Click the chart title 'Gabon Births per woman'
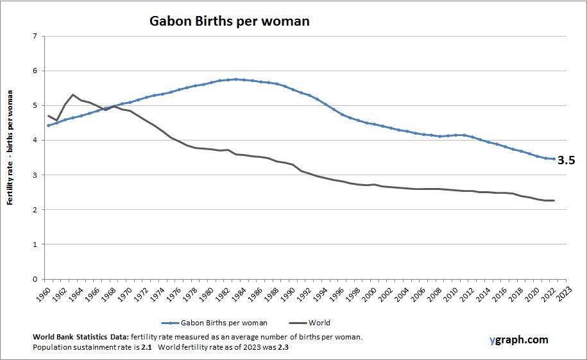coord(229,21)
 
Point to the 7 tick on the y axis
coord(33,36)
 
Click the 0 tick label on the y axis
coord(33,279)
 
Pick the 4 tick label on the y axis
coord(33,141)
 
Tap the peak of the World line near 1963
coord(73,95)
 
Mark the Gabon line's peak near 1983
coord(236,79)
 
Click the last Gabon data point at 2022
coord(554,159)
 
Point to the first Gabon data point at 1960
coord(49,125)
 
